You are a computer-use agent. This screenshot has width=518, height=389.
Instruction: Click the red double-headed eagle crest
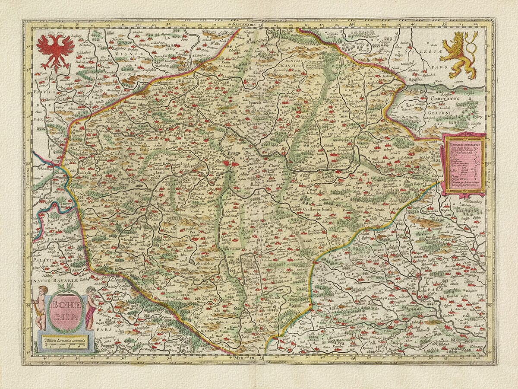[55, 51]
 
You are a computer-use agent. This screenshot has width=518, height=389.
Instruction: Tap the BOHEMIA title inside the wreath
[64, 309]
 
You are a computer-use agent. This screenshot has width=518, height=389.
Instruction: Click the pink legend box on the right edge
[463, 165]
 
